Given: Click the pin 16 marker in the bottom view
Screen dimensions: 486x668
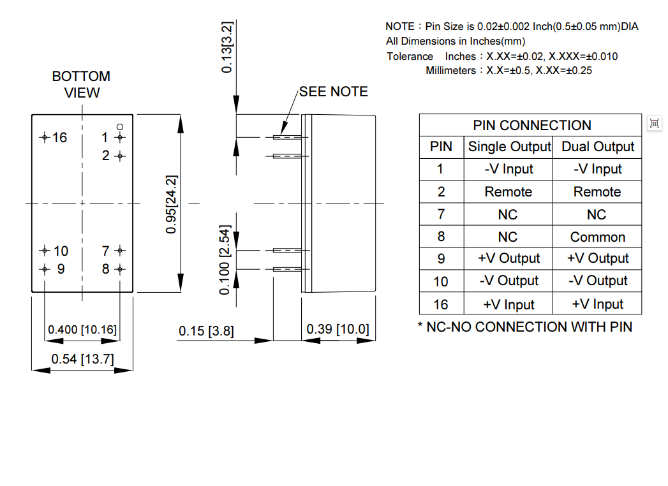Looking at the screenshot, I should coord(44,137).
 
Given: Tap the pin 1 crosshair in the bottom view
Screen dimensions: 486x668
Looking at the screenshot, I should coord(120,137).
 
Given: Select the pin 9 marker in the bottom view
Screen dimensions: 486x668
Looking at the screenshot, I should coord(44,269).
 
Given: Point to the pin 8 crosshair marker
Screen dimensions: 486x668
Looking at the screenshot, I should coord(120,269).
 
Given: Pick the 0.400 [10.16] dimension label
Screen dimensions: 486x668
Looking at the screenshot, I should coord(82,330).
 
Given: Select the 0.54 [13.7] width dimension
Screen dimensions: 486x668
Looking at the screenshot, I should coord(82,359).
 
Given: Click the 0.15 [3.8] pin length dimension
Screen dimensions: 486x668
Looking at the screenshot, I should coord(206,331).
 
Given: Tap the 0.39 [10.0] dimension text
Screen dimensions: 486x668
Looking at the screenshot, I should coord(338,329).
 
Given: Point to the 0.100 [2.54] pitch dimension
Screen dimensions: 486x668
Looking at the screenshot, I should coord(224,260).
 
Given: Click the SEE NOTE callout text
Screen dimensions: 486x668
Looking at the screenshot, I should coord(333,92).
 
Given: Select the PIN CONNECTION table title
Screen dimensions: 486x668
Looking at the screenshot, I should coord(531,125).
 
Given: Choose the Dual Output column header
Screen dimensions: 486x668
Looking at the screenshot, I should coord(598,147).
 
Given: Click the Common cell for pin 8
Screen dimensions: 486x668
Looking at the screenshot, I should coord(598,237).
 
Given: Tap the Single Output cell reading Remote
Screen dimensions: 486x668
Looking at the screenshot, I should coord(508,192).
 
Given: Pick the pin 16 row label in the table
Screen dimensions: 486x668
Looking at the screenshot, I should coord(441,304).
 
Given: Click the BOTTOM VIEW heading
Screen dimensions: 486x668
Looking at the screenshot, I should coord(81,84).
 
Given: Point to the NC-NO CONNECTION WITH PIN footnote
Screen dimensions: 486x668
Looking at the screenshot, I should coord(524,327).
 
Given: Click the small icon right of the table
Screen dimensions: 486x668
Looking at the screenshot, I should coord(654,123).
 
